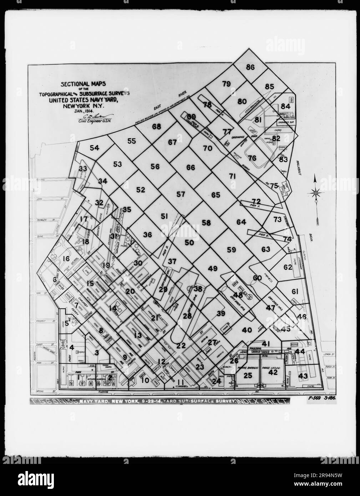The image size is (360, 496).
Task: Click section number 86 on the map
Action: coord(250,67)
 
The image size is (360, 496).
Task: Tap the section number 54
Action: coord(95,148)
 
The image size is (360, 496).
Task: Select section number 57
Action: coord(181,194)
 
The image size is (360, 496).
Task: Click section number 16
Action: coord(66,259)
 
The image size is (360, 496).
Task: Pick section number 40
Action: coord(247,330)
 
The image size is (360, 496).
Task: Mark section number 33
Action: coord(83,168)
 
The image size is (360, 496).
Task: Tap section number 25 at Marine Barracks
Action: coord(248,375)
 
